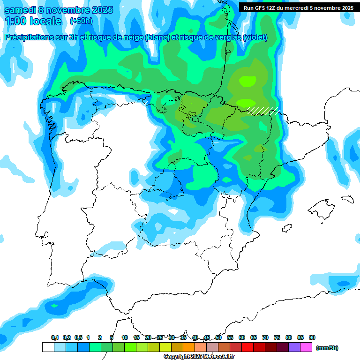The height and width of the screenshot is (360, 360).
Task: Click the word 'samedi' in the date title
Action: click(20, 10)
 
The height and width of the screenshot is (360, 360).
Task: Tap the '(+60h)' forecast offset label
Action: click(81, 21)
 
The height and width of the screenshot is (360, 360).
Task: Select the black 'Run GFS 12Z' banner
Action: click(299, 7)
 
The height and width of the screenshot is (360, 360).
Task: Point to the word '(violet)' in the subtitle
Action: click(255, 37)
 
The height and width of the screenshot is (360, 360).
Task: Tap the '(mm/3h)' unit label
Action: click(327, 348)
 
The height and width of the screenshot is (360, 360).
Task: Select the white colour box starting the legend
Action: click(48, 347)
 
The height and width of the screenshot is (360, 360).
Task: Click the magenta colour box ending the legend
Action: click(306, 347)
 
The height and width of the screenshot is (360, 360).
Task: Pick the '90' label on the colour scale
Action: click(312, 337)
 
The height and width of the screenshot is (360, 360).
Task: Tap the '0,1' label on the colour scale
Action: click(54, 337)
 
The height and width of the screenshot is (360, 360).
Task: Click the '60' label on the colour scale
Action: click(242, 337)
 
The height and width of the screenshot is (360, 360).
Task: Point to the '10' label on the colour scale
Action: click(125, 337)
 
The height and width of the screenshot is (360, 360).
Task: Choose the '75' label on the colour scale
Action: click(277, 337)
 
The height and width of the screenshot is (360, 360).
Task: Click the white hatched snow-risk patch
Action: click(263, 111)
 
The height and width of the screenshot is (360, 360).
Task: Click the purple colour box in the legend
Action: click(294, 347)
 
